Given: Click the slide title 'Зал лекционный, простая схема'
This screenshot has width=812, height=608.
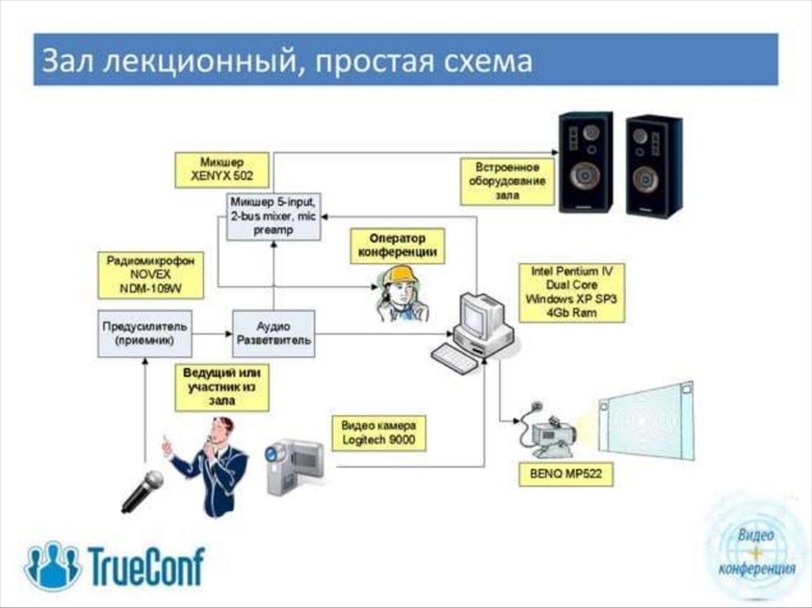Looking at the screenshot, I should pyautogui.click(x=287, y=61).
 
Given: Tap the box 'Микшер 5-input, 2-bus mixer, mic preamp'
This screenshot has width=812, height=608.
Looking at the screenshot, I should pyautogui.click(x=273, y=216).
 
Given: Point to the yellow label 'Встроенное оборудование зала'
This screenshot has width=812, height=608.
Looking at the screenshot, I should pyautogui.click(x=507, y=181).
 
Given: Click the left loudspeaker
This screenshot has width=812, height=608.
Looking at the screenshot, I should pyautogui.click(x=585, y=162).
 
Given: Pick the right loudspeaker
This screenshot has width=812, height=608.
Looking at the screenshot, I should pyautogui.click(x=653, y=165).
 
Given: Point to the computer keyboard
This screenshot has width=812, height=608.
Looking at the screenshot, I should pyautogui.click(x=455, y=359).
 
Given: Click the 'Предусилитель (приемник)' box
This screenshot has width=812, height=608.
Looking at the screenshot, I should pyautogui.click(x=144, y=333).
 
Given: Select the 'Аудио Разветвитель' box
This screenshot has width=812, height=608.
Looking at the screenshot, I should pyautogui.click(x=274, y=333).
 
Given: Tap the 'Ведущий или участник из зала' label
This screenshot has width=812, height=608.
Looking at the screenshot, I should pyautogui.click(x=222, y=387).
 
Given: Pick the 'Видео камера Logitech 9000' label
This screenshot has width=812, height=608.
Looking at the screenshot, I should pyautogui.click(x=378, y=432).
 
